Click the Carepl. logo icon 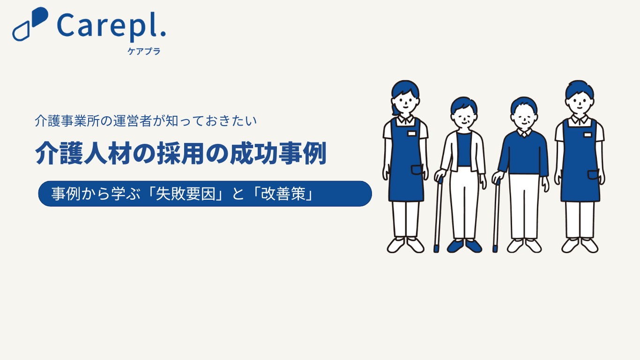coord(30,24)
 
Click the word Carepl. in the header coord(112,26)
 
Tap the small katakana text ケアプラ coord(144,51)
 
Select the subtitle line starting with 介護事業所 coord(146,121)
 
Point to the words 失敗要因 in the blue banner coord(185,194)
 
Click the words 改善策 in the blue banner coord(283,194)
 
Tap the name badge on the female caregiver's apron coord(412,134)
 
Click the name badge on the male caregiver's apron coord(588,135)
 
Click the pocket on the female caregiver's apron coord(417,170)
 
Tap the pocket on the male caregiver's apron coord(593,175)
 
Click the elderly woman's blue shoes coord(464,246)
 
